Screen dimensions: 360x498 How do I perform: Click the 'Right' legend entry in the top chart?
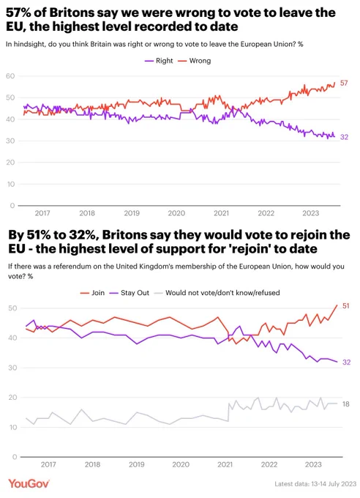(x=159, y=61)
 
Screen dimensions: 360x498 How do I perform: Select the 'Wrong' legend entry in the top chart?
(x=195, y=61)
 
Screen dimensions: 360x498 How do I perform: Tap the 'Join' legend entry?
(x=92, y=293)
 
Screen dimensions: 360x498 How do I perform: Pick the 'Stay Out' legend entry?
(x=130, y=293)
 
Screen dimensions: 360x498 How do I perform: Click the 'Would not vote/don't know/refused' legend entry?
(x=217, y=293)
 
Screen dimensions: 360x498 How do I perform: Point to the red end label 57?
(x=344, y=83)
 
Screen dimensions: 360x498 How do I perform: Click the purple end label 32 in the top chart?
(x=344, y=137)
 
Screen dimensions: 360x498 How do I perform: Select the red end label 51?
(x=345, y=306)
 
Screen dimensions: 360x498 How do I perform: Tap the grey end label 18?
(x=345, y=404)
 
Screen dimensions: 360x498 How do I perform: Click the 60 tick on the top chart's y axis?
(x=10, y=76)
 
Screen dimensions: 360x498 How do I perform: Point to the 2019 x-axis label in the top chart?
(x=132, y=213)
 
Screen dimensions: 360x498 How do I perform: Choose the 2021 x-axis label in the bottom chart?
(x=225, y=464)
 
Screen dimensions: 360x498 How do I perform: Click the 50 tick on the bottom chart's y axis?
(x=12, y=308)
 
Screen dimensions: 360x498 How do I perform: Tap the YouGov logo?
(x=29, y=483)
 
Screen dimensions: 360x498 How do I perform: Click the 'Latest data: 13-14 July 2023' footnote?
(x=315, y=483)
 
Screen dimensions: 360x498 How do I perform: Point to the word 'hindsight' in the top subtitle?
(x=30, y=44)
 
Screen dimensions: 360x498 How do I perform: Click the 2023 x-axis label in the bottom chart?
(x=313, y=464)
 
